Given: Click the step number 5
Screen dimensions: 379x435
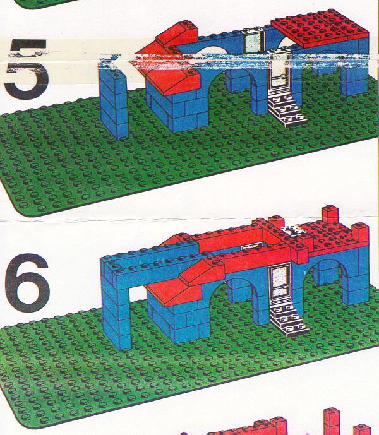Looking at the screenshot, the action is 27,69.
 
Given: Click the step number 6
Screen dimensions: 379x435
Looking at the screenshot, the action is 27,282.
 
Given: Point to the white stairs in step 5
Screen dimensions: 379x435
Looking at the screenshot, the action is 287,110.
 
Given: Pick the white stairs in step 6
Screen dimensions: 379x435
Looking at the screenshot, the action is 288,319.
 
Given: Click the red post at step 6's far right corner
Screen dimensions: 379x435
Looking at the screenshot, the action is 361,232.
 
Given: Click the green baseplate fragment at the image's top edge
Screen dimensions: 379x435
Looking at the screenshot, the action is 44,3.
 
